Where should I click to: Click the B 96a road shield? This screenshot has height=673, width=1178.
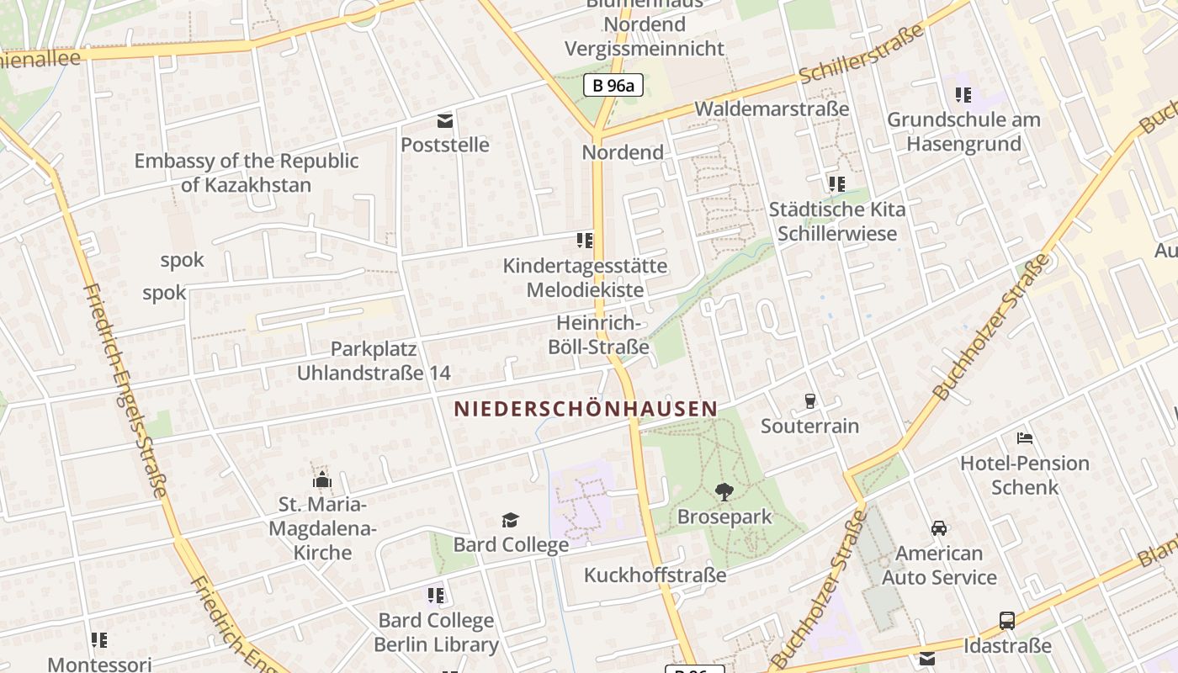tap(613, 85)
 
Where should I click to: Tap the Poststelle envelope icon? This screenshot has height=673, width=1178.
tap(445, 121)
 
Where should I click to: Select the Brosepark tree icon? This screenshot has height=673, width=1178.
tap(724, 492)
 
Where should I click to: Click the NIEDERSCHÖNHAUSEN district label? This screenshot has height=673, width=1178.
tap(586, 409)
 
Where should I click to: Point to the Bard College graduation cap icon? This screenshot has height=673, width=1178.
tap(511, 520)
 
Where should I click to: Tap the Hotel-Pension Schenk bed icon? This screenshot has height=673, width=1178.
tap(1025, 438)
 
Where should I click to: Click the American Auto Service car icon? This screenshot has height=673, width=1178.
tap(939, 528)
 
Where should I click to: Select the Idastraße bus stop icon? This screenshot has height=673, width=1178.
tap(1007, 621)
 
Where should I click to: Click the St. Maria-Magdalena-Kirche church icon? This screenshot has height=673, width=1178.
tap(321, 480)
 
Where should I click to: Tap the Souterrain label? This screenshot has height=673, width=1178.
tap(809, 426)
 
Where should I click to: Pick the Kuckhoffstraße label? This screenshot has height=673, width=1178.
tap(655, 575)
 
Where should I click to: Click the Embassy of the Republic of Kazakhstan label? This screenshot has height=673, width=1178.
tap(247, 172)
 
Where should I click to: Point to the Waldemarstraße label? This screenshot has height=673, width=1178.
tap(771, 109)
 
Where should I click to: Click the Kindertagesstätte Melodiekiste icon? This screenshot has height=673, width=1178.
tap(585, 241)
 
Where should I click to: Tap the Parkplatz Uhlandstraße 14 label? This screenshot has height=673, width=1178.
tap(374, 361)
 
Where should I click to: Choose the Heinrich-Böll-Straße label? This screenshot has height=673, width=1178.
tap(598, 335)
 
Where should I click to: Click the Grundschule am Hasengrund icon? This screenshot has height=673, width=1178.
tap(963, 95)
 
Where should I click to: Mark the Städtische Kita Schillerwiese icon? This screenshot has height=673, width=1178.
tap(836, 183)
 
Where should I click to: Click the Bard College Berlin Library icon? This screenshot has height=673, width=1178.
tap(436, 596)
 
